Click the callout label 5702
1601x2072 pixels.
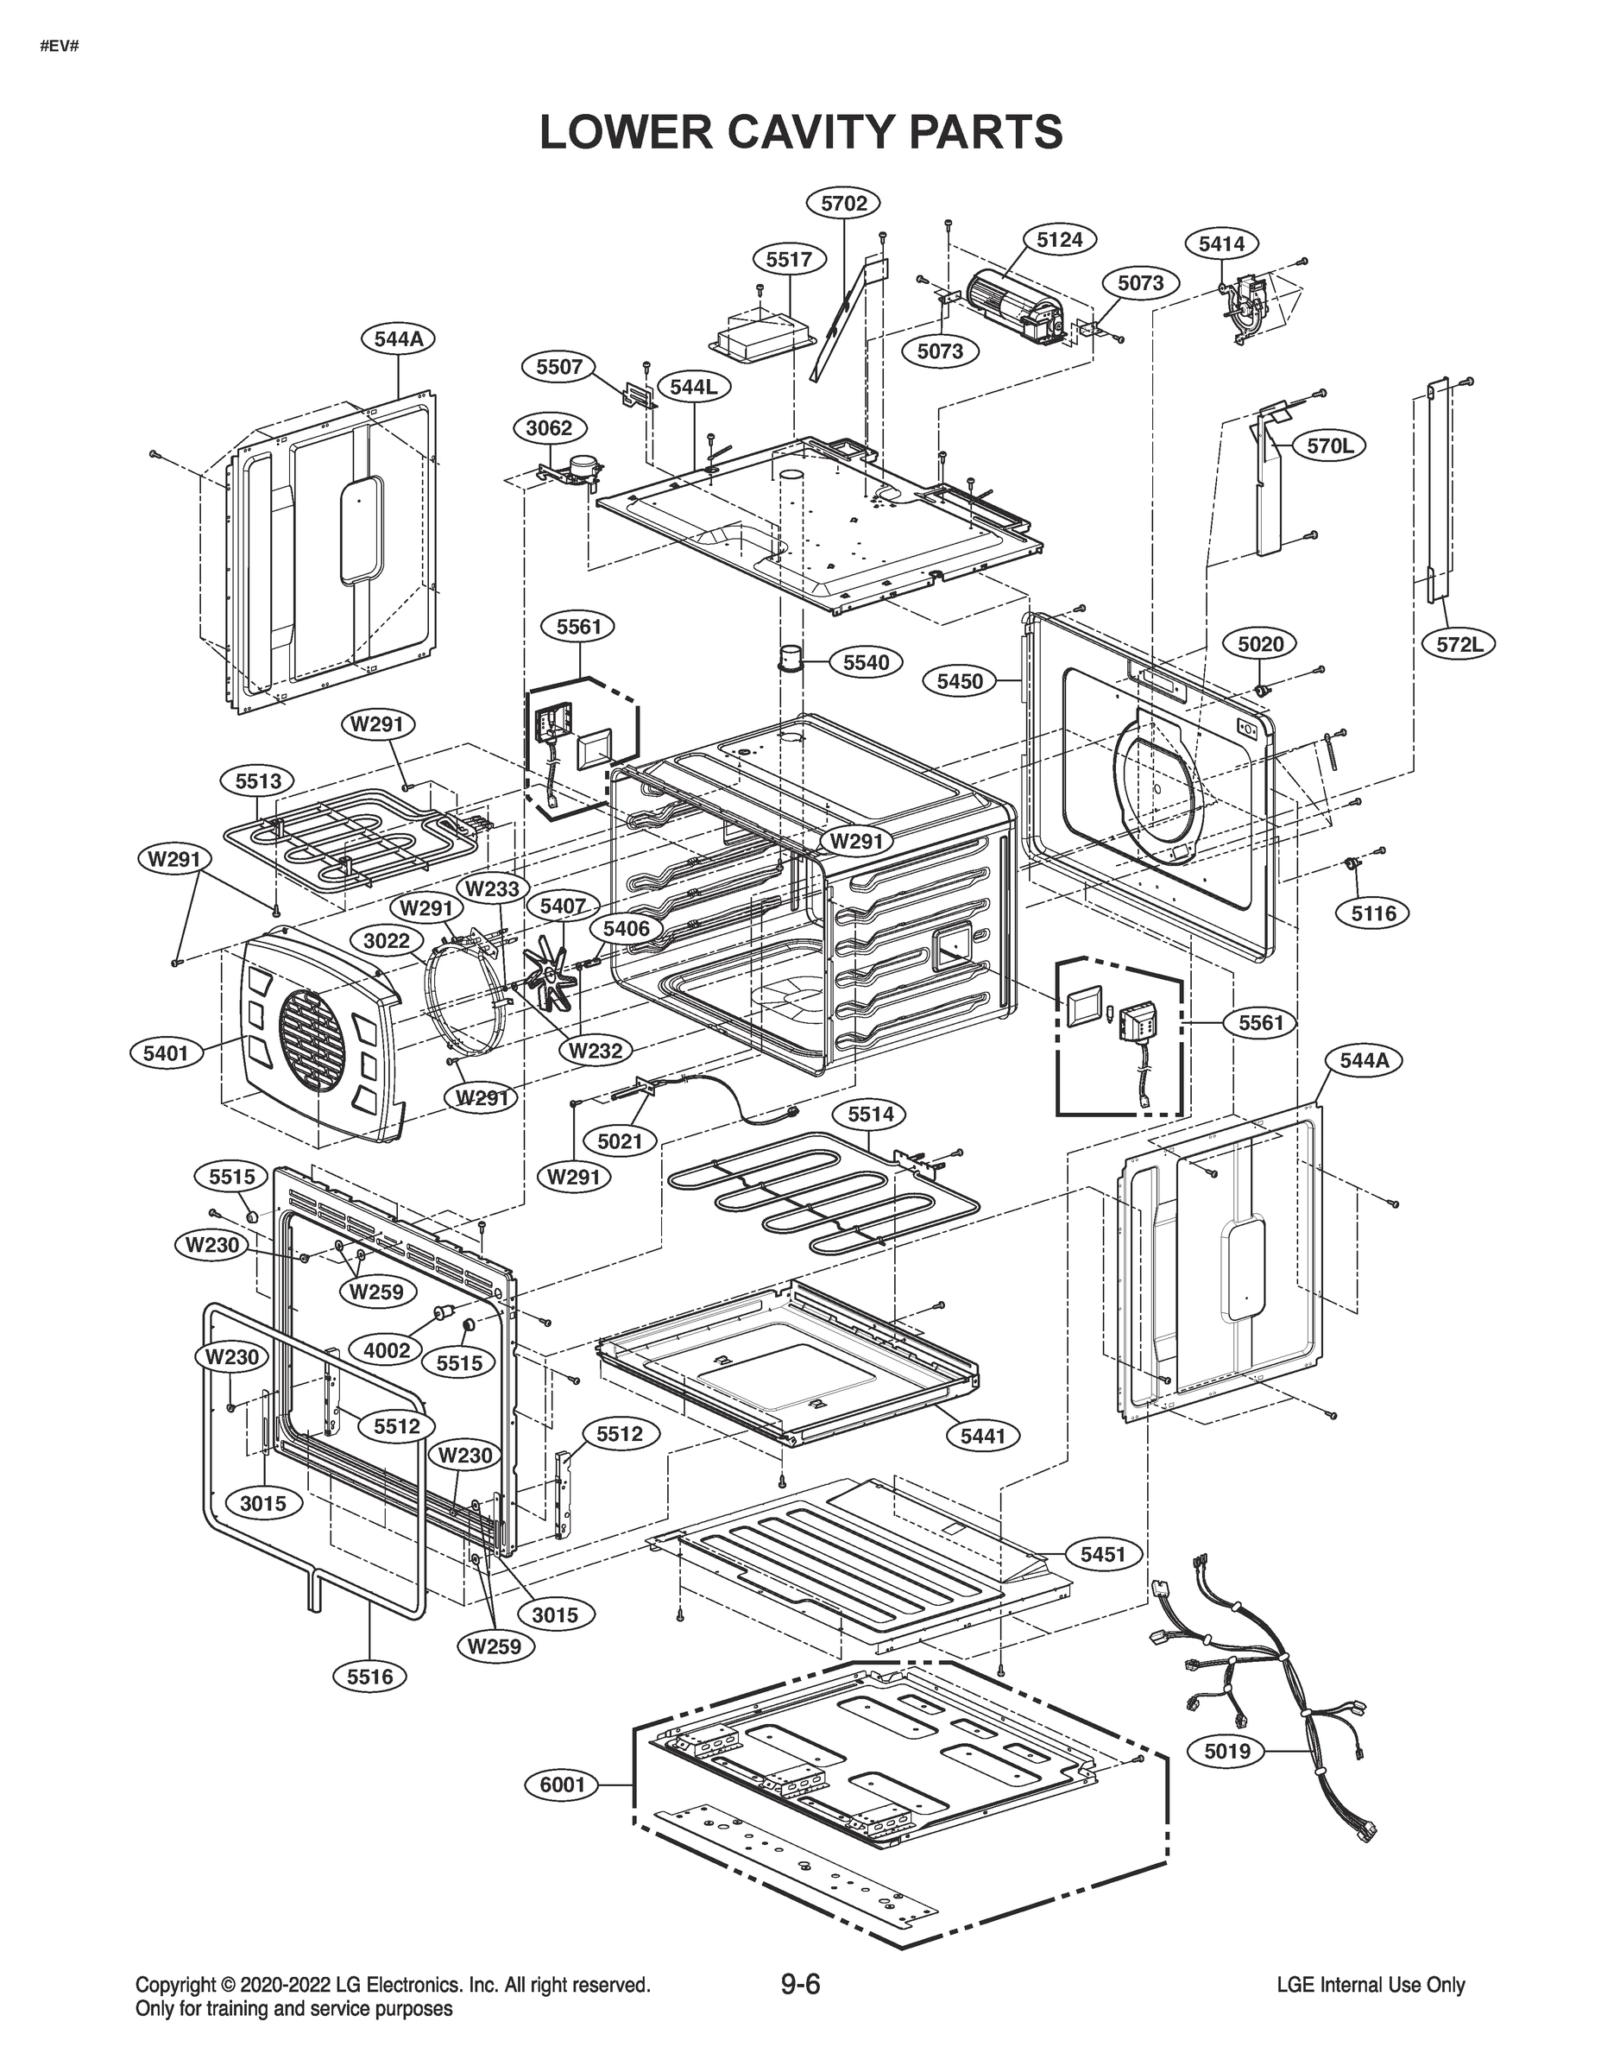click(x=843, y=203)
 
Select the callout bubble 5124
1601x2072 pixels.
click(x=1058, y=240)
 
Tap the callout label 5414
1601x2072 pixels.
click(x=1221, y=243)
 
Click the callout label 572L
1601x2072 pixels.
click(x=1459, y=644)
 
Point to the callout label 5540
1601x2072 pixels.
click(x=866, y=662)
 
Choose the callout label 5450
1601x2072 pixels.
click(x=960, y=681)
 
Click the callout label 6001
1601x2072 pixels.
click(x=563, y=1785)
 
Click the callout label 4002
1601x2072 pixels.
click(x=387, y=1350)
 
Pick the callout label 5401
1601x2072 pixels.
click(x=166, y=1052)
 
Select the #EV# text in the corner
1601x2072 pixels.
click(x=60, y=46)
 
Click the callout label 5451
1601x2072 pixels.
click(x=1102, y=1554)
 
